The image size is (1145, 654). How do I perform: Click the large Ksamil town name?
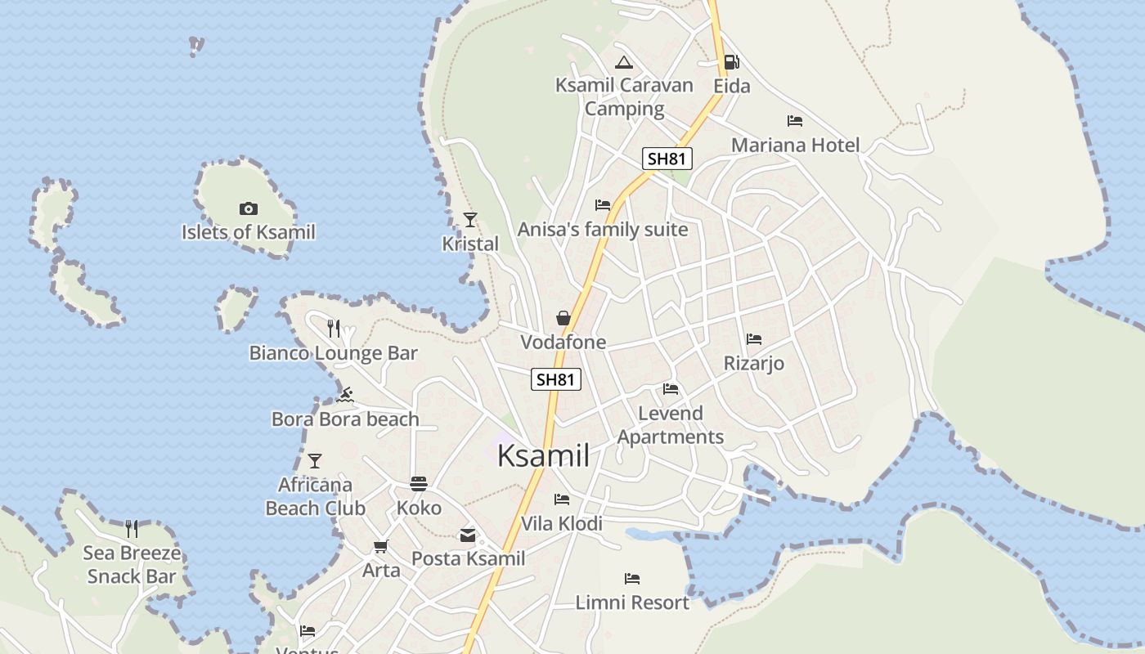pyautogui.click(x=543, y=456)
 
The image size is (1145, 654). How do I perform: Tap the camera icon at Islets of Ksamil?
pyautogui.click(x=249, y=209)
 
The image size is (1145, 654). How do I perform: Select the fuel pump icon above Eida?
pyautogui.click(x=731, y=62)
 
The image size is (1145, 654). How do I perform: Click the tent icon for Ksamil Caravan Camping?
pyautogui.click(x=624, y=62)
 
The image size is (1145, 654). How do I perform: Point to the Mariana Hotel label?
pyautogui.click(x=795, y=146)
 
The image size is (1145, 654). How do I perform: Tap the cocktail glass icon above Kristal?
pyautogui.click(x=470, y=219)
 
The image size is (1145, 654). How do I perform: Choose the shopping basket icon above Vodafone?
pyautogui.click(x=564, y=318)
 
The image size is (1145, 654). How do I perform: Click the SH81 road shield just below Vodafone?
pyautogui.click(x=556, y=379)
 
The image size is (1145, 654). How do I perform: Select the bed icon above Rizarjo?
pyautogui.click(x=754, y=339)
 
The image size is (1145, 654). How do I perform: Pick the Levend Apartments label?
pyautogui.click(x=671, y=425)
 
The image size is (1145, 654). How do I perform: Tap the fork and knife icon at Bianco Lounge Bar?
pyautogui.click(x=334, y=329)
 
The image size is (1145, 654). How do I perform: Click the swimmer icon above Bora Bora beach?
pyautogui.click(x=345, y=396)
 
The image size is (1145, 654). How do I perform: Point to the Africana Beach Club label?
pyautogui.click(x=315, y=496)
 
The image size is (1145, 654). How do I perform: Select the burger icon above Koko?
pyautogui.click(x=419, y=484)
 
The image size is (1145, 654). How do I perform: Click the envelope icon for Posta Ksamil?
pyautogui.click(x=468, y=535)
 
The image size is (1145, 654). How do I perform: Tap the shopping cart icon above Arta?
pyautogui.click(x=380, y=546)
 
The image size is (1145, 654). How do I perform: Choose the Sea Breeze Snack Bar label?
pyautogui.click(x=132, y=565)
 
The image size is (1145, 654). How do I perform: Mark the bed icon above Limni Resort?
pyautogui.click(x=632, y=579)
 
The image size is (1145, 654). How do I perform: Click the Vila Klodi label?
pyautogui.click(x=562, y=524)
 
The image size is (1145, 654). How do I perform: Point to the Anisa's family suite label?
pyautogui.click(x=603, y=230)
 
